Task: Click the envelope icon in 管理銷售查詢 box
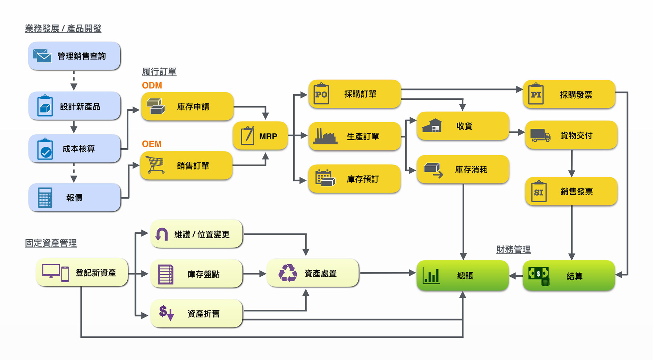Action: point(42,56)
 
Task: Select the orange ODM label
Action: point(152,86)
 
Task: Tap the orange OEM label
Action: point(152,144)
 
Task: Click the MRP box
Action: point(260,136)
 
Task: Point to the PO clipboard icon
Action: point(321,94)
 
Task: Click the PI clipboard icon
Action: point(536,94)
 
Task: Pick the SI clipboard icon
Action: point(538,192)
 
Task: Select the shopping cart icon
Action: point(155,165)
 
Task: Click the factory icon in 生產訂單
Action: point(325,136)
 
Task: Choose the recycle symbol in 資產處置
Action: point(288,273)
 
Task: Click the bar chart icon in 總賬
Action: point(431,275)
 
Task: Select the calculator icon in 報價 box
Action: point(45,198)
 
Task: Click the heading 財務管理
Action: point(513,250)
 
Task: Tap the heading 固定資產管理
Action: point(51,243)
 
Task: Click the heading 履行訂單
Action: point(159,72)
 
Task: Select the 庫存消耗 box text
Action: point(471,170)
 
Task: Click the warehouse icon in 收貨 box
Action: point(432,126)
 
